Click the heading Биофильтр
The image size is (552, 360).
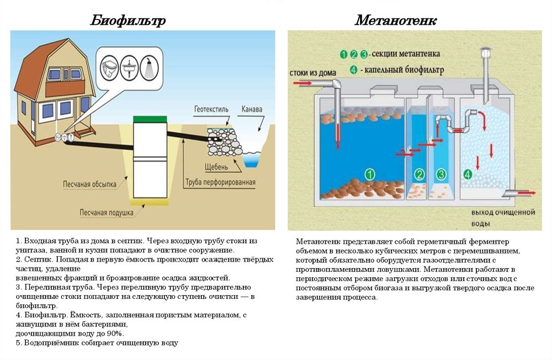tap(128, 21)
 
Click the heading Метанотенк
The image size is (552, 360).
tap(396, 21)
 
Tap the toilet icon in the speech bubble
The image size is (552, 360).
tap(110, 68)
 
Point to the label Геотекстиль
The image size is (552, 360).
tap(211, 109)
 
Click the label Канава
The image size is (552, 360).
tap(251, 110)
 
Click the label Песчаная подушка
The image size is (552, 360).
tap(107, 212)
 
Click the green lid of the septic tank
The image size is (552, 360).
tap(151, 118)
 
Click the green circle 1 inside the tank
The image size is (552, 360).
tap(370, 174)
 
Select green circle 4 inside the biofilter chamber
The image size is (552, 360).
tap(467, 174)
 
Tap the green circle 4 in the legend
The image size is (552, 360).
tap(354, 70)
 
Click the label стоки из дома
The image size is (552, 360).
tap(312, 73)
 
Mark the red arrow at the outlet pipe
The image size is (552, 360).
tap(527, 193)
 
